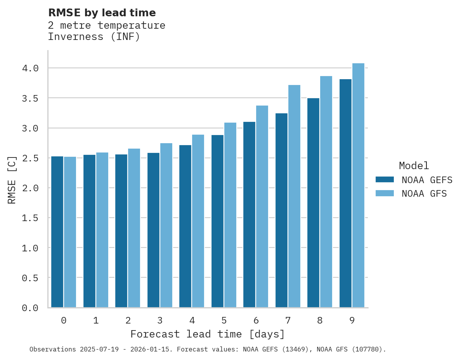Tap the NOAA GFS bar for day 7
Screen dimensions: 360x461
click(x=294, y=196)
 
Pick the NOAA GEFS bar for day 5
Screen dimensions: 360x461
click(x=217, y=221)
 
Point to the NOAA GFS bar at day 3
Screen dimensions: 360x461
click(x=166, y=225)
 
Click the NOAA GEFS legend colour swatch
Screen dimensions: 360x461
click(x=385, y=180)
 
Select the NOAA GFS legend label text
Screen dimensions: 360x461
click(x=424, y=194)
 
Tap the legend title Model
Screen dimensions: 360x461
click(x=414, y=166)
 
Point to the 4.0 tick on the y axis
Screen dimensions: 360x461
click(x=30, y=68)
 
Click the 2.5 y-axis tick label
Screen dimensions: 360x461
click(x=30, y=158)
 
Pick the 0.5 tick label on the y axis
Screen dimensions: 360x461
click(x=30, y=278)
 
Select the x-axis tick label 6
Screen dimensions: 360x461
click(x=256, y=320)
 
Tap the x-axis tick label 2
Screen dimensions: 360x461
click(x=128, y=320)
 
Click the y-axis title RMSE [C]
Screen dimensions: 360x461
click(x=12, y=180)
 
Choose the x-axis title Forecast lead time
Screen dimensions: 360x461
click(x=208, y=334)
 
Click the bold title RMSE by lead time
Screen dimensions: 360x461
click(x=102, y=13)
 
